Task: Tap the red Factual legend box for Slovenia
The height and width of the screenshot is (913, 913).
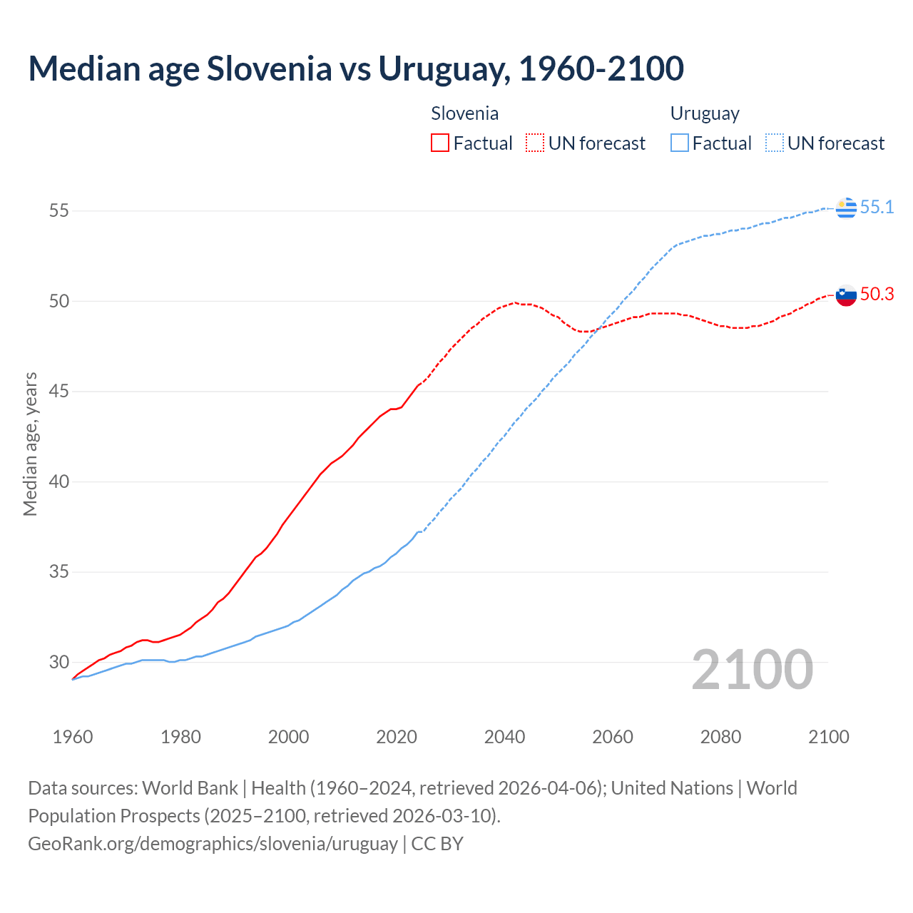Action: point(440,143)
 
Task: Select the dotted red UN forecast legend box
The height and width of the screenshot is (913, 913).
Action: point(535,143)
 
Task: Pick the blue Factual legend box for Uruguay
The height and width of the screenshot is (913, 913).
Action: point(680,143)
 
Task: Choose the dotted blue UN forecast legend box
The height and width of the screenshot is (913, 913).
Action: point(774,143)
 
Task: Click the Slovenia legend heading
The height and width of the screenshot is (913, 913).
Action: point(464,113)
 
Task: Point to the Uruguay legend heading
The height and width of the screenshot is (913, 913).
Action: point(704,113)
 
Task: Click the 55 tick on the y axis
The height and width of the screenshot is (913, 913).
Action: point(59,211)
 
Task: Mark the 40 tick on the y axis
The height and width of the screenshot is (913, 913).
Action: point(59,482)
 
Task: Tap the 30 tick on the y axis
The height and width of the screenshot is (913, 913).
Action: point(59,663)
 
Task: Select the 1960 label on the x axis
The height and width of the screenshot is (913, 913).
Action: point(73,737)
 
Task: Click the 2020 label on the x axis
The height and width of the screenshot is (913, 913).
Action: point(397,737)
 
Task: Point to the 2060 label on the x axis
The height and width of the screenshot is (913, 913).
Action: point(613,737)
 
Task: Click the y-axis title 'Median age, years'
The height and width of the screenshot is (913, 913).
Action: point(30,444)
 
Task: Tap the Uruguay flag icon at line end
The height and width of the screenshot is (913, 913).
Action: point(846,208)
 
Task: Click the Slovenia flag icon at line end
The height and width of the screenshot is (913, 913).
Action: point(846,295)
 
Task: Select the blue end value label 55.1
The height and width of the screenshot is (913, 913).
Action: point(877,208)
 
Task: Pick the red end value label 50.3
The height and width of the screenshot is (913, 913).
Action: point(877,295)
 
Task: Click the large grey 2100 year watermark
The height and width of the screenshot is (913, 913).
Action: point(752,670)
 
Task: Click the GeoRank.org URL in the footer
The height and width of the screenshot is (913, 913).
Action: point(213,844)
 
